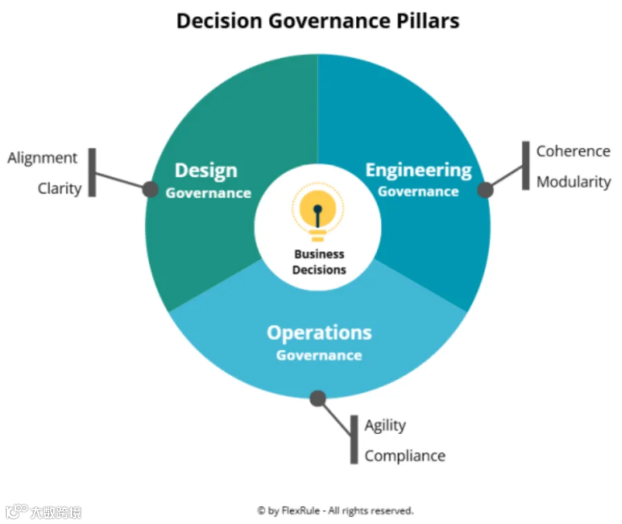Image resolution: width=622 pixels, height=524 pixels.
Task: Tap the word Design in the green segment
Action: (206, 171)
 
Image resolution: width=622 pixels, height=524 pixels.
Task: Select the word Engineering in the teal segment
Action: (419, 171)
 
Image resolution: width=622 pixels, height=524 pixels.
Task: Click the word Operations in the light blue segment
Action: (319, 333)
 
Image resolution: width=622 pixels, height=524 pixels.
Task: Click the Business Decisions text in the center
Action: (319, 262)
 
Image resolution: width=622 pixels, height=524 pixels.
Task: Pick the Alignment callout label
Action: (42, 158)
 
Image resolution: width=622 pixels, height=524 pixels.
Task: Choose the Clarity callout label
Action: (60, 189)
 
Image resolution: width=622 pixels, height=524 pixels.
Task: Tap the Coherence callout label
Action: (573, 151)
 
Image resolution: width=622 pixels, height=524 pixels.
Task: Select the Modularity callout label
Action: (574, 182)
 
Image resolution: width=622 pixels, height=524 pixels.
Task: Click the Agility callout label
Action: (385, 426)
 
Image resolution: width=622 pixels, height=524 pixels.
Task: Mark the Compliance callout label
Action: (405, 456)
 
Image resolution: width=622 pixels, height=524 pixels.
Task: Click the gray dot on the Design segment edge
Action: (151, 189)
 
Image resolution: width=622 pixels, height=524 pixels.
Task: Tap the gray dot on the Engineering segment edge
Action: (485, 190)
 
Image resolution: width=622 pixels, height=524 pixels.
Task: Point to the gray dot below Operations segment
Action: (318, 398)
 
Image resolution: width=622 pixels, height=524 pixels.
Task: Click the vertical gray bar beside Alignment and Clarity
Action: (92, 173)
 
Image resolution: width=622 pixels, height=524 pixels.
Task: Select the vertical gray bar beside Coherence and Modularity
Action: (526, 165)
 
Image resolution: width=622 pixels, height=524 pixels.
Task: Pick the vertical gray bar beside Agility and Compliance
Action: (354, 440)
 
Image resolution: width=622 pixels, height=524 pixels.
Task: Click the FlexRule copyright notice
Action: (335, 510)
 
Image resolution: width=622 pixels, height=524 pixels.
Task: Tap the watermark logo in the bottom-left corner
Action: (44, 512)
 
